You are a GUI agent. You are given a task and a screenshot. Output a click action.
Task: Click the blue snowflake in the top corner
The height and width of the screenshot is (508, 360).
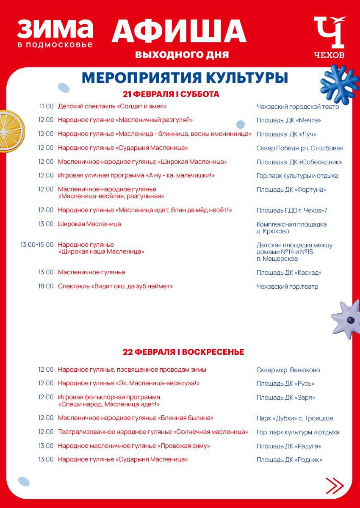tap(339, 81)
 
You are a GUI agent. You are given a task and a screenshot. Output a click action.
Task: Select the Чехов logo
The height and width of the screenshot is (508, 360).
tap(330, 37)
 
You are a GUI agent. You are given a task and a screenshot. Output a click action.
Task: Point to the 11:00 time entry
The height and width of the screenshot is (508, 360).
tap(47, 107)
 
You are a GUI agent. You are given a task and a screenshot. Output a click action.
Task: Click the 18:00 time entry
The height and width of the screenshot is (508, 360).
tap(46, 287)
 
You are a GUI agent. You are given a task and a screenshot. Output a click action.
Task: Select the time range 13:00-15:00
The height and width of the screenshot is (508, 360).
tap(37, 245)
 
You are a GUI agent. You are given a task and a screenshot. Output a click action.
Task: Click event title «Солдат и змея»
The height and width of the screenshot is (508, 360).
tap(112, 107)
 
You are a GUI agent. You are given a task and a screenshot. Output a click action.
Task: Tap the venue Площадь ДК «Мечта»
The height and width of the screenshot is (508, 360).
tap(288, 121)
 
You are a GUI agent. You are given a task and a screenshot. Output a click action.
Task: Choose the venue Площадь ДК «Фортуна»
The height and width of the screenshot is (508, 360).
tap(291, 190)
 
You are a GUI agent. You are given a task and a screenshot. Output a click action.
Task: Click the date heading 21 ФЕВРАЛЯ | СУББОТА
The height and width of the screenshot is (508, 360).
tap(171, 94)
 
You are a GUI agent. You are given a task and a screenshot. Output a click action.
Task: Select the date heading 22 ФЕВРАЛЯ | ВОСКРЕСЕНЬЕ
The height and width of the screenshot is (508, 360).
tap(183, 352)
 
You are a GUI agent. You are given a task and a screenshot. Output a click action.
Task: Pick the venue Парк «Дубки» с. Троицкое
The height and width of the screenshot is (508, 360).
tap(295, 419)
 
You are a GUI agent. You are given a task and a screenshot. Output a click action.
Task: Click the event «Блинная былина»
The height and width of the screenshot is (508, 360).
tap(136, 418)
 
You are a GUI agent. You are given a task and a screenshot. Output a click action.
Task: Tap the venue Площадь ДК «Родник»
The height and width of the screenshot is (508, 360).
tap(289, 460)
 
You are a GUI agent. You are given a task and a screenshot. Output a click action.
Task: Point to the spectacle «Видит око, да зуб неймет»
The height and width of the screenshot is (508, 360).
tap(115, 287)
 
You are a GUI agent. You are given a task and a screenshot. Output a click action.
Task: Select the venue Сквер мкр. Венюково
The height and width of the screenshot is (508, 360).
tap(288, 370)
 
